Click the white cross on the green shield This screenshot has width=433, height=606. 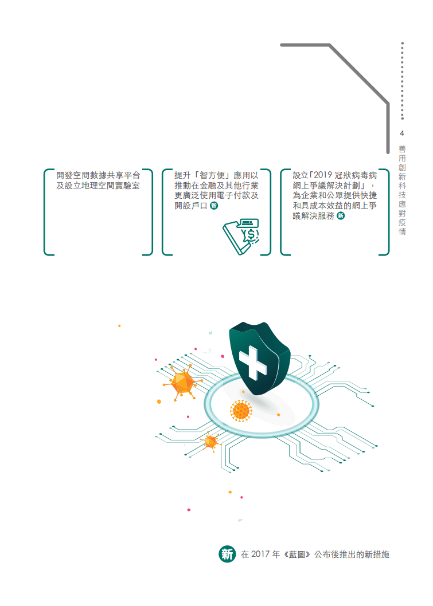[x=253, y=362]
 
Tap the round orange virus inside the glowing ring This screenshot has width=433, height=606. [x=241, y=411]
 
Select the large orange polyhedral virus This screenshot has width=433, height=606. [x=182, y=383]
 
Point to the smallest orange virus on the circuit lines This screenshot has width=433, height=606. [x=210, y=442]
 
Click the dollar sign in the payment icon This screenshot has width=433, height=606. [x=251, y=234]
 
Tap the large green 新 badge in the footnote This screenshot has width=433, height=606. [x=227, y=554]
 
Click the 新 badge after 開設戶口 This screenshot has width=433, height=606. [x=214, y=206]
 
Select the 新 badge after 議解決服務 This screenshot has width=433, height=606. [x=341, y=216]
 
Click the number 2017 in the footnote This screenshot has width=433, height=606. [x=260, y=554]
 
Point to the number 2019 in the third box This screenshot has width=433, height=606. [x=323, y=175]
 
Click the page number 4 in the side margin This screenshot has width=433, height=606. [x=402, y=133]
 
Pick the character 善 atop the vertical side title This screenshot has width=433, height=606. [x=403, y=149]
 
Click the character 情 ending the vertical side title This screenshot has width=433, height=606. [x=403, y=231]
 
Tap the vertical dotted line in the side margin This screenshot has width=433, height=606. [x=403, y=81]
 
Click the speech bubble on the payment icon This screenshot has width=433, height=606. [x=248, y=224]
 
